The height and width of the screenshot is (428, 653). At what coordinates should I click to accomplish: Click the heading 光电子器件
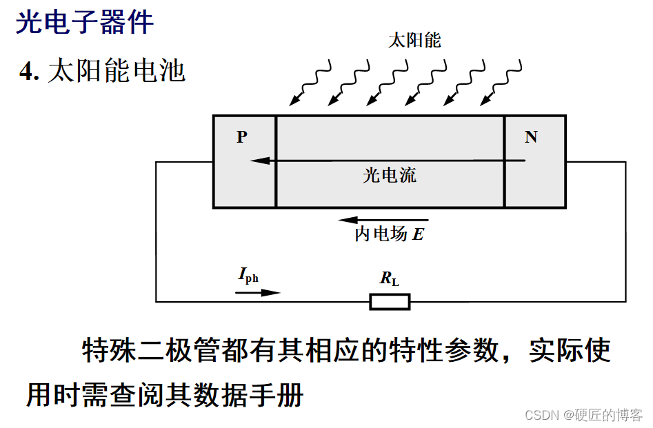tap(85, 23)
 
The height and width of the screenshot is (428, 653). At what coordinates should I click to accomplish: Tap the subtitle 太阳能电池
tap(117, 72)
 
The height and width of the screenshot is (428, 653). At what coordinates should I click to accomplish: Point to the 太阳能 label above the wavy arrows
tap(414, 40)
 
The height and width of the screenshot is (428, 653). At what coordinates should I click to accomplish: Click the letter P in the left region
tap(241, 136)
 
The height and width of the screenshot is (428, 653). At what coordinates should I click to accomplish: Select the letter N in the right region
tap(530, 136)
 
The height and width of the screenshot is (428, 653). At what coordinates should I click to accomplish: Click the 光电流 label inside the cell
tap(390, 175)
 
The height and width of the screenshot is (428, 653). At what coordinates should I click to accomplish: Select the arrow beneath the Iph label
tap(259, 292)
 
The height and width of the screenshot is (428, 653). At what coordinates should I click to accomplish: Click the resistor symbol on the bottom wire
tap(390, 302)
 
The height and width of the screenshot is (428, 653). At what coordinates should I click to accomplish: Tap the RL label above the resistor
tap(390, 279)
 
